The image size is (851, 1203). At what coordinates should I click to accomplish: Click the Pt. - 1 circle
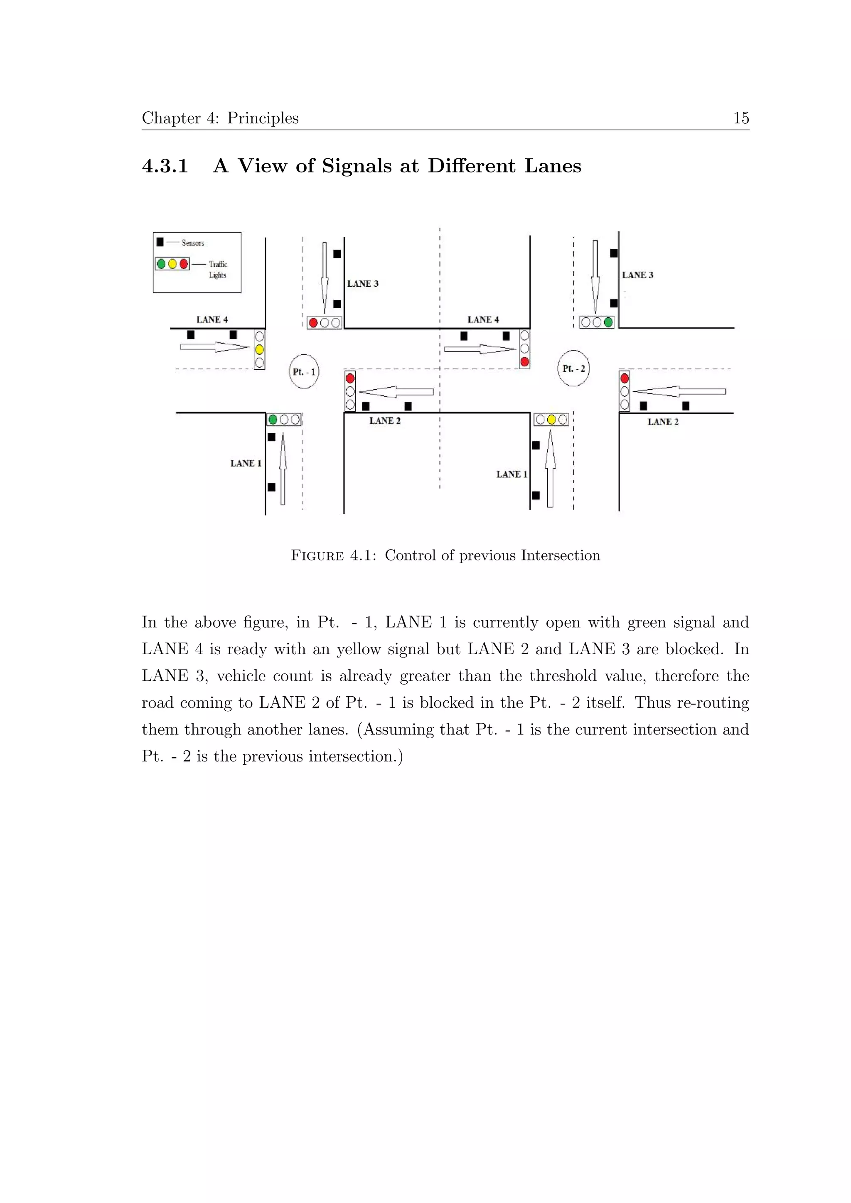pos(304,371)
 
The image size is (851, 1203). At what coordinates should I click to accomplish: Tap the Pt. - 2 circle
pos(573,368)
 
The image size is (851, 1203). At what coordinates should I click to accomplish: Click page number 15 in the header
pos(741,118)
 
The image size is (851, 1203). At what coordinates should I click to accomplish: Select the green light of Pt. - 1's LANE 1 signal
pos(273,419)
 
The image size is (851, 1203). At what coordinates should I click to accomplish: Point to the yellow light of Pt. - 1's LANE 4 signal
pos(259,349)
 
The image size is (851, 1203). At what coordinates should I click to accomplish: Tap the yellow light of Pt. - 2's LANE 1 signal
pos(551,419)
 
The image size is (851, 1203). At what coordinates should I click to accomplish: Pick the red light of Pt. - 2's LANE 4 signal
pos(524,361)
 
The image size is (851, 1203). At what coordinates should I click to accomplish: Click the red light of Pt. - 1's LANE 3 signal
pos(313,323)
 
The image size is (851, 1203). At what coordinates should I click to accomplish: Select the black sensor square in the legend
pos(160,242)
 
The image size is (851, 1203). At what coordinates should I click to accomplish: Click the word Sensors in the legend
pos(193,243)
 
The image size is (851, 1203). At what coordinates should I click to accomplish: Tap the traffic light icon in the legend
pos(172,263)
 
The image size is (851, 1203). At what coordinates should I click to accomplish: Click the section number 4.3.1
pos(165,166)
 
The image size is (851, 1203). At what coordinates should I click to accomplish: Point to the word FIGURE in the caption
pos(317,555)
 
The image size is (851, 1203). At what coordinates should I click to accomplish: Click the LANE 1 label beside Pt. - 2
pos(512,474)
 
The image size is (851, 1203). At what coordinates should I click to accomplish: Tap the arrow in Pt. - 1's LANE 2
pos(396,392)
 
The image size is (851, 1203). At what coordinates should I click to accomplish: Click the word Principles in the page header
pos(263,118)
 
